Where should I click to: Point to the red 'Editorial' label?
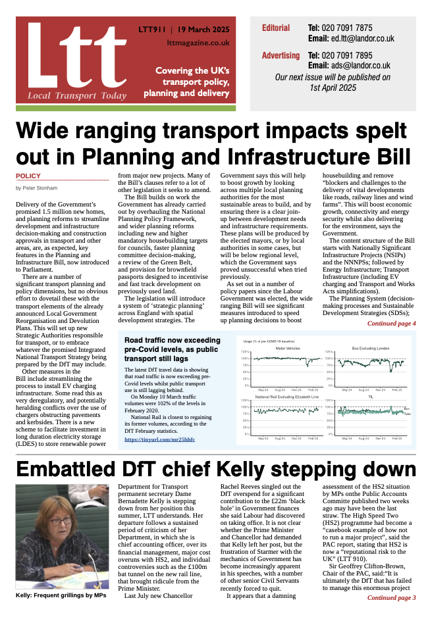pos(275,28)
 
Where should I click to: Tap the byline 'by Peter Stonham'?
pos(37,188)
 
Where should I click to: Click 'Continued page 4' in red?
pos(391,324)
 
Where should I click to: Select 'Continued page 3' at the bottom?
pos(391,598)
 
